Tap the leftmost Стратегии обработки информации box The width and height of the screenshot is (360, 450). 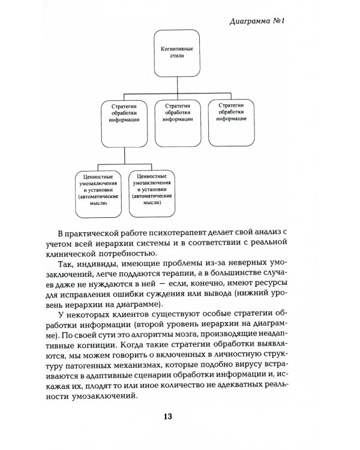125,120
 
